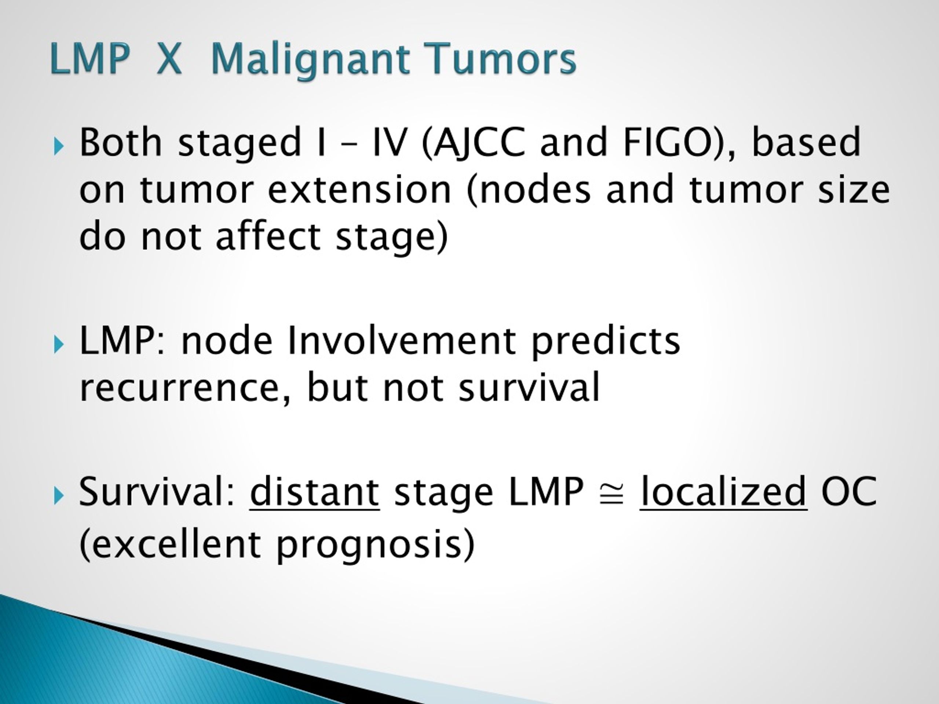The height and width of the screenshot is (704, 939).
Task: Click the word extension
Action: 359,189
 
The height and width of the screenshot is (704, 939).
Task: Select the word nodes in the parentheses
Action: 535,189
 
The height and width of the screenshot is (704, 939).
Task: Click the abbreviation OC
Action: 848,491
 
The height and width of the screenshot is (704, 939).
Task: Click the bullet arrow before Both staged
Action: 59,147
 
